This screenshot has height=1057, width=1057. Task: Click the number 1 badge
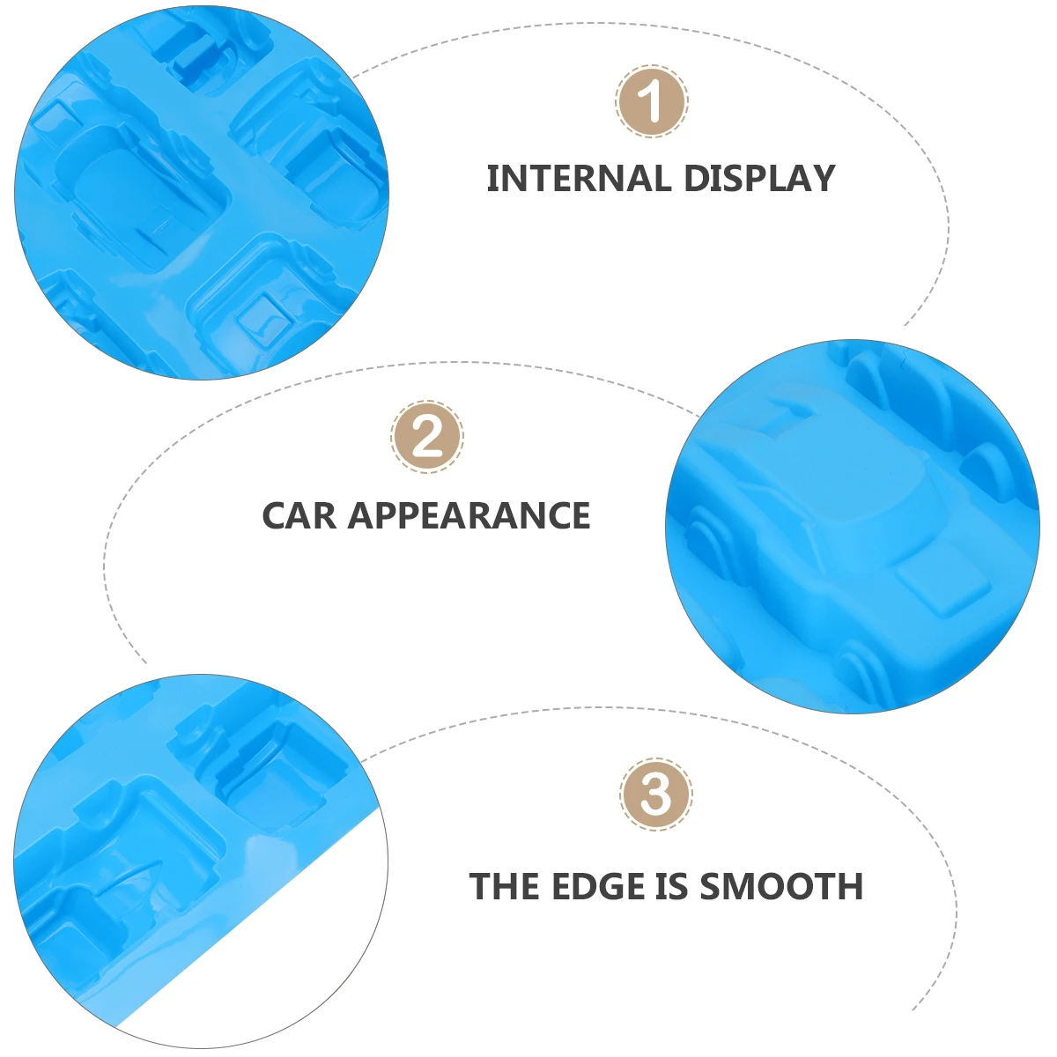(651, 101)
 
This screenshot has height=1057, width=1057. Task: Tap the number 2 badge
(427, 437)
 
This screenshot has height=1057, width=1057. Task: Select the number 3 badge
(655, 794)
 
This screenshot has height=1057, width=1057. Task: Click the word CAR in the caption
(299, 516)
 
